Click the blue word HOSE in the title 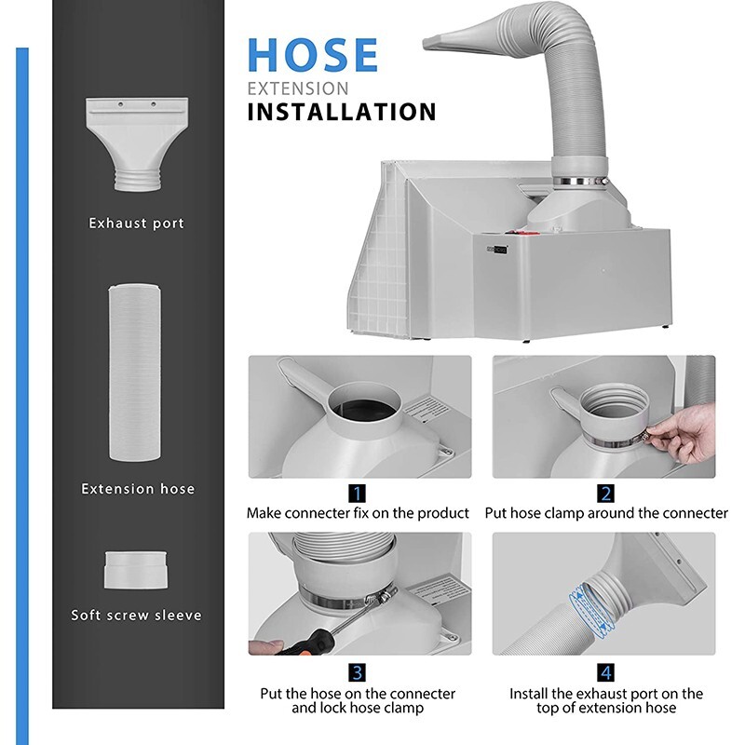pos(313,55)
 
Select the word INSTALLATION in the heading pos(342,112)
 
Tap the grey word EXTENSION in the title pos(298,88)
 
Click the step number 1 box pos(358,494)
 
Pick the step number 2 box pos(605,494)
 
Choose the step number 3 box pos(358,672)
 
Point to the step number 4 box pos(605,672)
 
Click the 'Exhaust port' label pos(136,223)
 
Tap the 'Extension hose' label pos(138,488)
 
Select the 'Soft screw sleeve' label pos(136,615)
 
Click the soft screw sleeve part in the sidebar pos(135,570)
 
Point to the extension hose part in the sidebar pos(134,372)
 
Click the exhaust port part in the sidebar pos(137,144)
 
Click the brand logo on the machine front pos(497,249)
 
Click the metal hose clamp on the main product pos(580,181)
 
